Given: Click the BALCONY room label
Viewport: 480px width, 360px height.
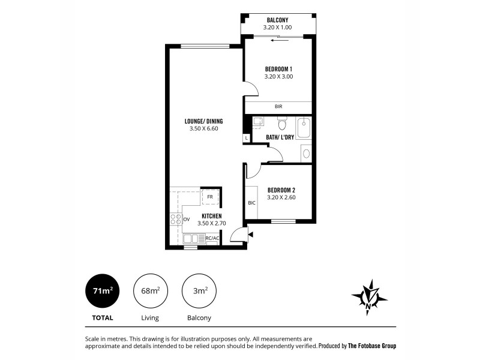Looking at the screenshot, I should (277, 20).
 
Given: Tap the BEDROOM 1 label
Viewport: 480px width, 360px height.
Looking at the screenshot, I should (278, 69).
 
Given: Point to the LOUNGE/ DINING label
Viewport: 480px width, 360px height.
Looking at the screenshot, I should (203, 121).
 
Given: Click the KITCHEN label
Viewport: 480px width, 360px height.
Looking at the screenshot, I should (212, 215).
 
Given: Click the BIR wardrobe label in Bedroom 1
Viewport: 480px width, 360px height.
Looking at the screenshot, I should (278, 107).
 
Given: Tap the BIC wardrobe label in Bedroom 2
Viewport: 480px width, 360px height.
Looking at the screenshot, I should (251, 203).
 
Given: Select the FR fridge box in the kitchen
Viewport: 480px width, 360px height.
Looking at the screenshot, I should (210, 197).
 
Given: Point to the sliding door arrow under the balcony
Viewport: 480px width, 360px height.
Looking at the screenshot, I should (277, 41).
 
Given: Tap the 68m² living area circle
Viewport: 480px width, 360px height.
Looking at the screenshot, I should (151, 290).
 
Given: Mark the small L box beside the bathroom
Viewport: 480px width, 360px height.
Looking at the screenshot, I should (247, 138).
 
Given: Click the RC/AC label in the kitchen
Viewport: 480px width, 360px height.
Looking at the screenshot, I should (212, 238).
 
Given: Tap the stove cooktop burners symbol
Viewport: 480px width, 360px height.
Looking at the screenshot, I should (176, 219).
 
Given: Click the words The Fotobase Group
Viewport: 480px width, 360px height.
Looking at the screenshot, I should (372, 346).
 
